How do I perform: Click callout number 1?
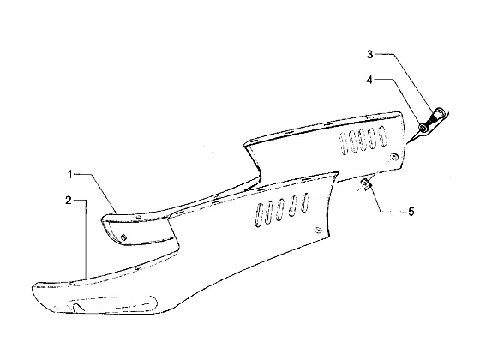click(x=70, y=175)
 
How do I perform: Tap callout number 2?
click(x=69, y=201)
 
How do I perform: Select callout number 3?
click(x=370, y=55)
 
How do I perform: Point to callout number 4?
click(x=369, y=81)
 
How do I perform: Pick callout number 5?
click(x=411, y=212)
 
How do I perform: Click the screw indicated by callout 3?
click(x=436, y=116)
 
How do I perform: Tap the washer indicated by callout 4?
click(x=423, y=128)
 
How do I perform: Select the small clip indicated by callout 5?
click(x=366, y=184)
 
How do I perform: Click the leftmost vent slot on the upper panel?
click(x=344, y=144)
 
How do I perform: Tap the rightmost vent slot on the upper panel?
click(x=382, y=136)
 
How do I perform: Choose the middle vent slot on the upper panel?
click(x=363, y=140)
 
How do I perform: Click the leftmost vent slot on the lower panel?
click(x=260, y=215)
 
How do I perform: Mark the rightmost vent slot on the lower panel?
click(x=305, y=202)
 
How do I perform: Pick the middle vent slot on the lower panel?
click(x=280, y=209)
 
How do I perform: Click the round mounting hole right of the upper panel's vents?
click(x=393, y=158)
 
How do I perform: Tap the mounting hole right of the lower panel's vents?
click(x=318, y=230)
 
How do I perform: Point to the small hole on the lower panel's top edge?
click(x=137, y=268)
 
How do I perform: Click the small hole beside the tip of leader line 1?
click(x=139, y=217)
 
